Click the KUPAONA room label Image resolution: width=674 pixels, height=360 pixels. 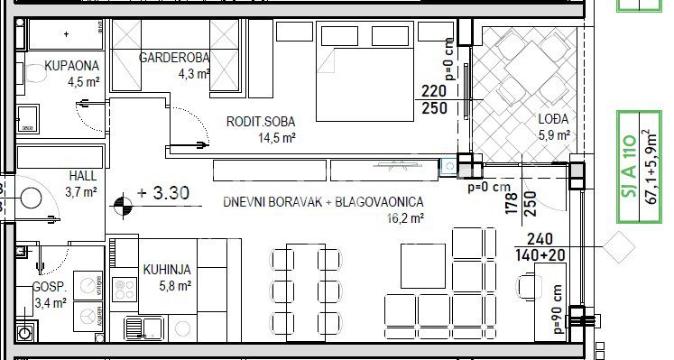tap(72, 66)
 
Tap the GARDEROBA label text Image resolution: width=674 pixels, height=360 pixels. tap(174, 57)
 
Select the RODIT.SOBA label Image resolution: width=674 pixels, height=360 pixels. tap(261, 122)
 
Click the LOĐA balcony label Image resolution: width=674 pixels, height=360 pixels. tap(554, 118)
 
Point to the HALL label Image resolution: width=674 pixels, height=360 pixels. tap(82, 176)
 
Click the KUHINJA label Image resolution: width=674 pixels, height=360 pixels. tap(167, 270)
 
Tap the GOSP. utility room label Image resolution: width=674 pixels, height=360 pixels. tap(50, 287)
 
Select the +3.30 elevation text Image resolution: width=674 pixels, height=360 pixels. tap(163, 193)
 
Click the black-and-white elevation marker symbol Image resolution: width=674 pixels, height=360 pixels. tap(124, 206)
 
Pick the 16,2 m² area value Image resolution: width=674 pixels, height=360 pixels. tap(405, 218)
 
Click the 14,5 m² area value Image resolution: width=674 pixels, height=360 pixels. tap(276, 138)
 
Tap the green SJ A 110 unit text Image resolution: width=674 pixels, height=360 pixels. tap(629, 166)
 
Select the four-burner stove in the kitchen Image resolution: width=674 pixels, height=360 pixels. tap(125, 289)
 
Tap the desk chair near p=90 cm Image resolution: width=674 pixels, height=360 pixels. tap(529, 286)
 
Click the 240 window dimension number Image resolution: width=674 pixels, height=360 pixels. tap(540, 239)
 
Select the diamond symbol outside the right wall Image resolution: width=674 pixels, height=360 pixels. tap(619, 247)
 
